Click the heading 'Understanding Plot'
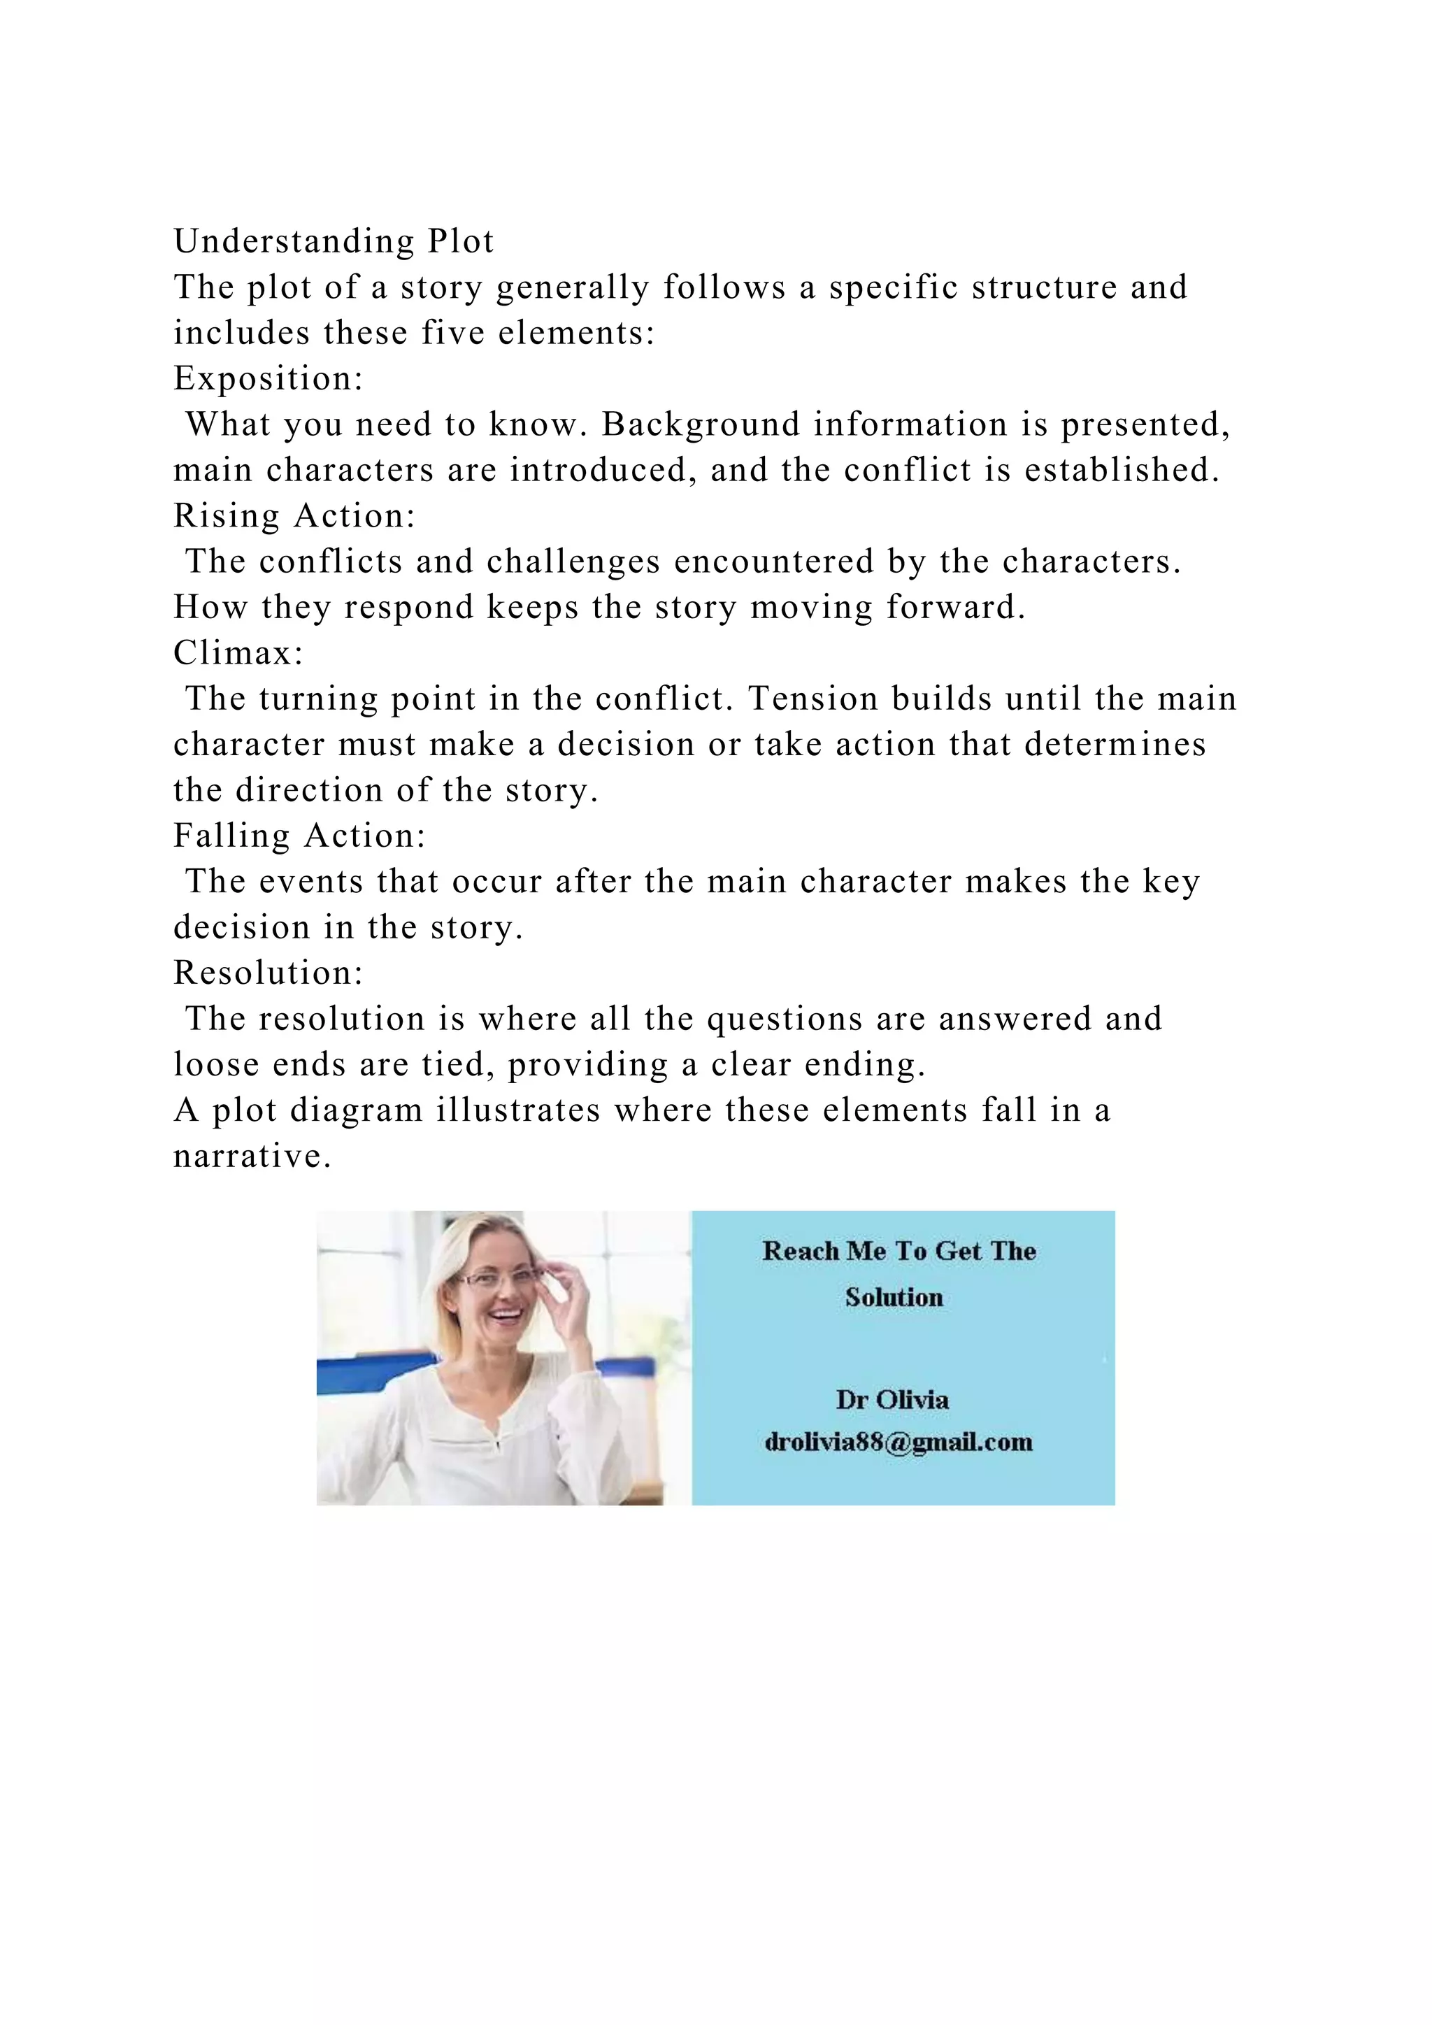334,241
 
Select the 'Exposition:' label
268,378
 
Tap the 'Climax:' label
238,652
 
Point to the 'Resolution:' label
268,973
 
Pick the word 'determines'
1115,745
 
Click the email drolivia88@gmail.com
898,1442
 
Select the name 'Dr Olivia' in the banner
892,1400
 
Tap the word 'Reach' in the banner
800,1252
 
